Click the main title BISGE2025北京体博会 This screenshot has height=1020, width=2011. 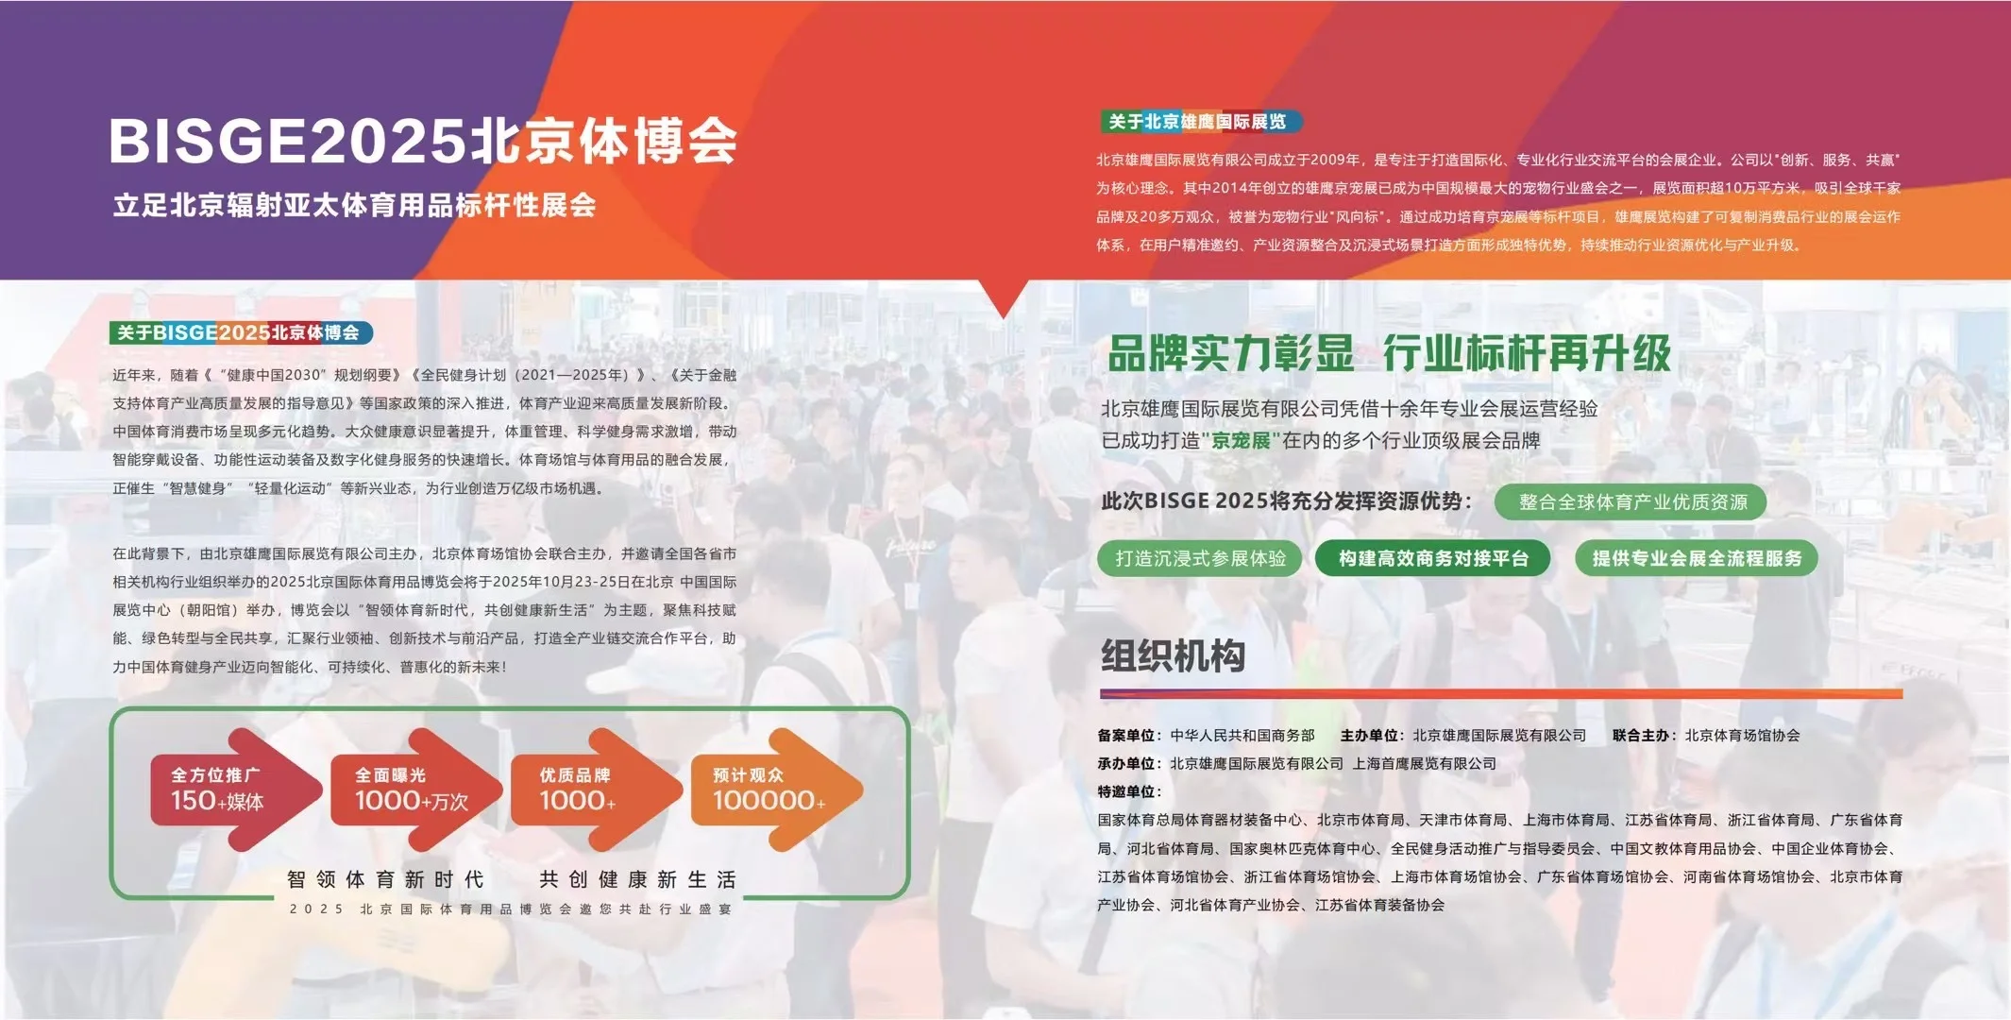pyautogui.click(x=422, y=142)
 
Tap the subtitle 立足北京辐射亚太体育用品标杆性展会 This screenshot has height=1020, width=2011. pyautogui.click(x=354, y=205)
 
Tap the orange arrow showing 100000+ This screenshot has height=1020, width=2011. pyautogui.click(x=769, y=790)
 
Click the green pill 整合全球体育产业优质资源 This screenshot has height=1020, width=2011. pyautogui.click(x=1631, y=502)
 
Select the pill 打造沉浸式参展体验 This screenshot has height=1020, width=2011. pyautogui.click(x=1200, y=558)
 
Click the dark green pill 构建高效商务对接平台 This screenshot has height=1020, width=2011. pyautogui.click(x=1433, y=558)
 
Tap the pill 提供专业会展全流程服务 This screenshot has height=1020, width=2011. pyautogui.click(x=1697, y=558)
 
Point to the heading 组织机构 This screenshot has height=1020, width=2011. pyautogui.click(x=1173, y=655)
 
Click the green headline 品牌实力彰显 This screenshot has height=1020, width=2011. pyautogui.click(x=1230, y=354)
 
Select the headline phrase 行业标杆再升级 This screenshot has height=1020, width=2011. pyautogui.click(x=1527, y=354)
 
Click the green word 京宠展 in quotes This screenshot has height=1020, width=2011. pyautogui.click(x=1241, y=441)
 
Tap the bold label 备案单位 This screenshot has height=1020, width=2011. pyautogui.click(x=1127, y=736)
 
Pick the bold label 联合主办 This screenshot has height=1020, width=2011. pyautogui.click(x=1642, y=736)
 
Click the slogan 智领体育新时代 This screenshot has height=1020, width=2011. pyautogui.click(x=385, y=880)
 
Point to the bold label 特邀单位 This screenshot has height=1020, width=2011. pyautogui.click(x=1127, y=791)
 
